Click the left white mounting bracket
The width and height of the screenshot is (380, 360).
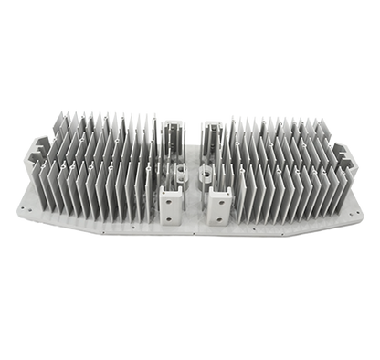pyautogui.click(x=171, y=206)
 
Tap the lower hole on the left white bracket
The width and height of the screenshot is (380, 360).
pyautogui.click(x=170, y=217)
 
